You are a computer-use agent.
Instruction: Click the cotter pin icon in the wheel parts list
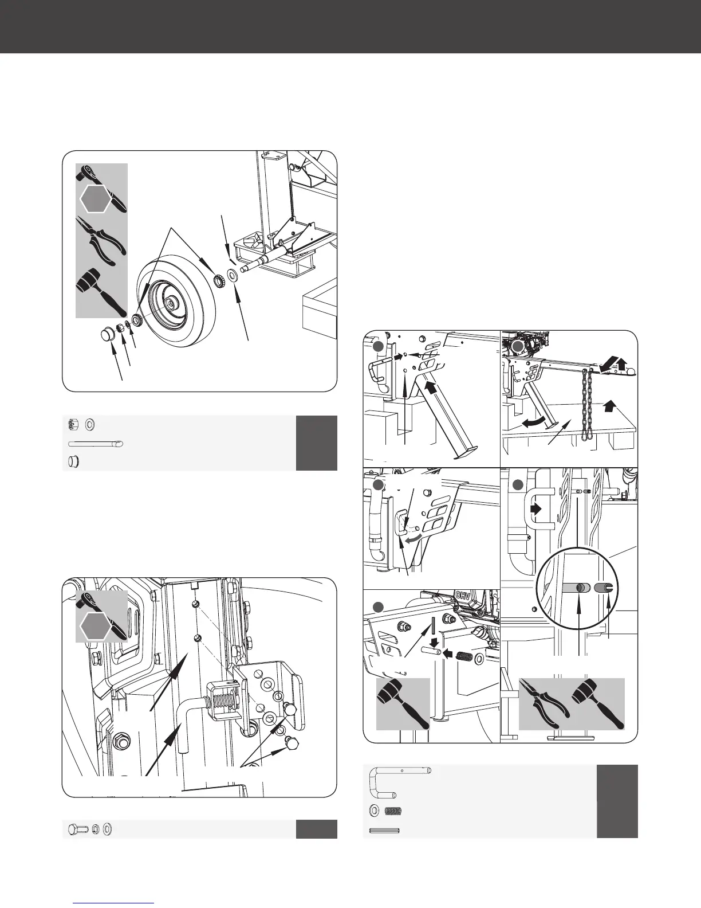coord(95,444)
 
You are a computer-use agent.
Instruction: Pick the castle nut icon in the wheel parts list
coord(73,425)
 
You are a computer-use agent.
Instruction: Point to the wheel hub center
coord(170,301)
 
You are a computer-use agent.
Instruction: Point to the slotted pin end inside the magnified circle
coord(605,588)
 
